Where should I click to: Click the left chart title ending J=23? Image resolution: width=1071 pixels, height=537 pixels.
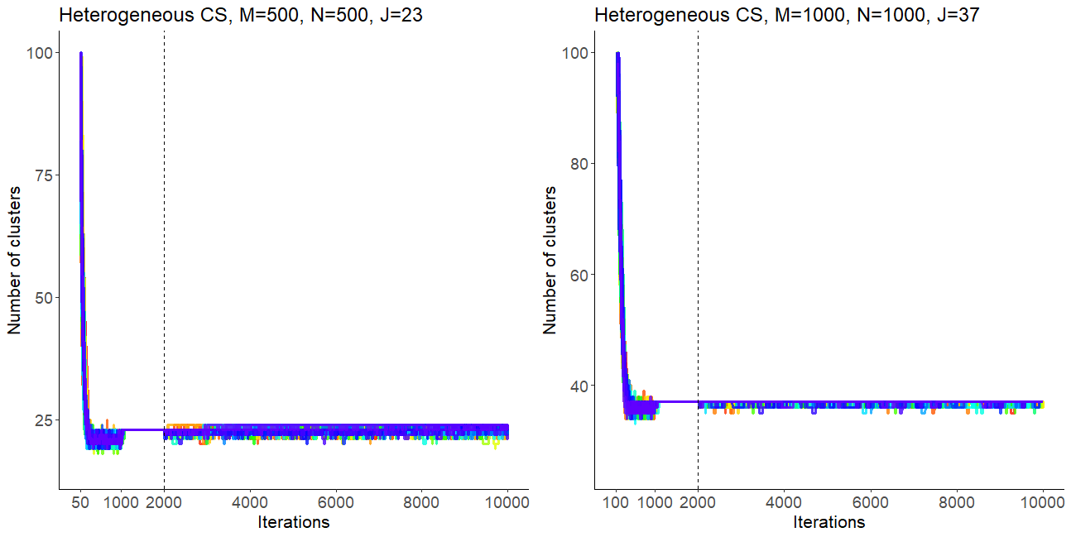coord(241,15)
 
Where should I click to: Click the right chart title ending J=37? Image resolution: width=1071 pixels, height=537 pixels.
coord(787,15)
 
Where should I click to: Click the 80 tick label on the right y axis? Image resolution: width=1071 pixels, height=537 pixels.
coord(579,164)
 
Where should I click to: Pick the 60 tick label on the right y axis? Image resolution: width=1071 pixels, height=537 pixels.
coord(579,275)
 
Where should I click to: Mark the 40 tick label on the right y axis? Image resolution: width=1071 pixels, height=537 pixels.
coord(579,386)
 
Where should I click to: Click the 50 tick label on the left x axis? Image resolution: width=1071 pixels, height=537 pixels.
coord(81,502)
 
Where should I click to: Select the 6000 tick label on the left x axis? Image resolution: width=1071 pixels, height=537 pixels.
coord(336,502)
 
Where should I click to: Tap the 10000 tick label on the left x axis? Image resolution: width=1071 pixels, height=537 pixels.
coord(507,502)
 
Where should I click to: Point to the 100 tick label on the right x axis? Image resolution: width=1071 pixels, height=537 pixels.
coord(617,502)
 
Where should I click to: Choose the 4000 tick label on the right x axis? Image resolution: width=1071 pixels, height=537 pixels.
coord(784,502)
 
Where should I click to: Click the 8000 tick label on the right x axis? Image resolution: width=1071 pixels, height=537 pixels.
coord(956,502)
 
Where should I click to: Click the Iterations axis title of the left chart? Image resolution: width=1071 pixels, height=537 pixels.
coord(294,522)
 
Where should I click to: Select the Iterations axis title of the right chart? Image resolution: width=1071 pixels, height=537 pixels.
coord(829,522)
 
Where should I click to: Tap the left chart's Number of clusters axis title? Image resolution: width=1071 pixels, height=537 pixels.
coord(14,260)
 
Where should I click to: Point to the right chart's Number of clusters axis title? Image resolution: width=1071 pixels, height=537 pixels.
coord(550,260)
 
